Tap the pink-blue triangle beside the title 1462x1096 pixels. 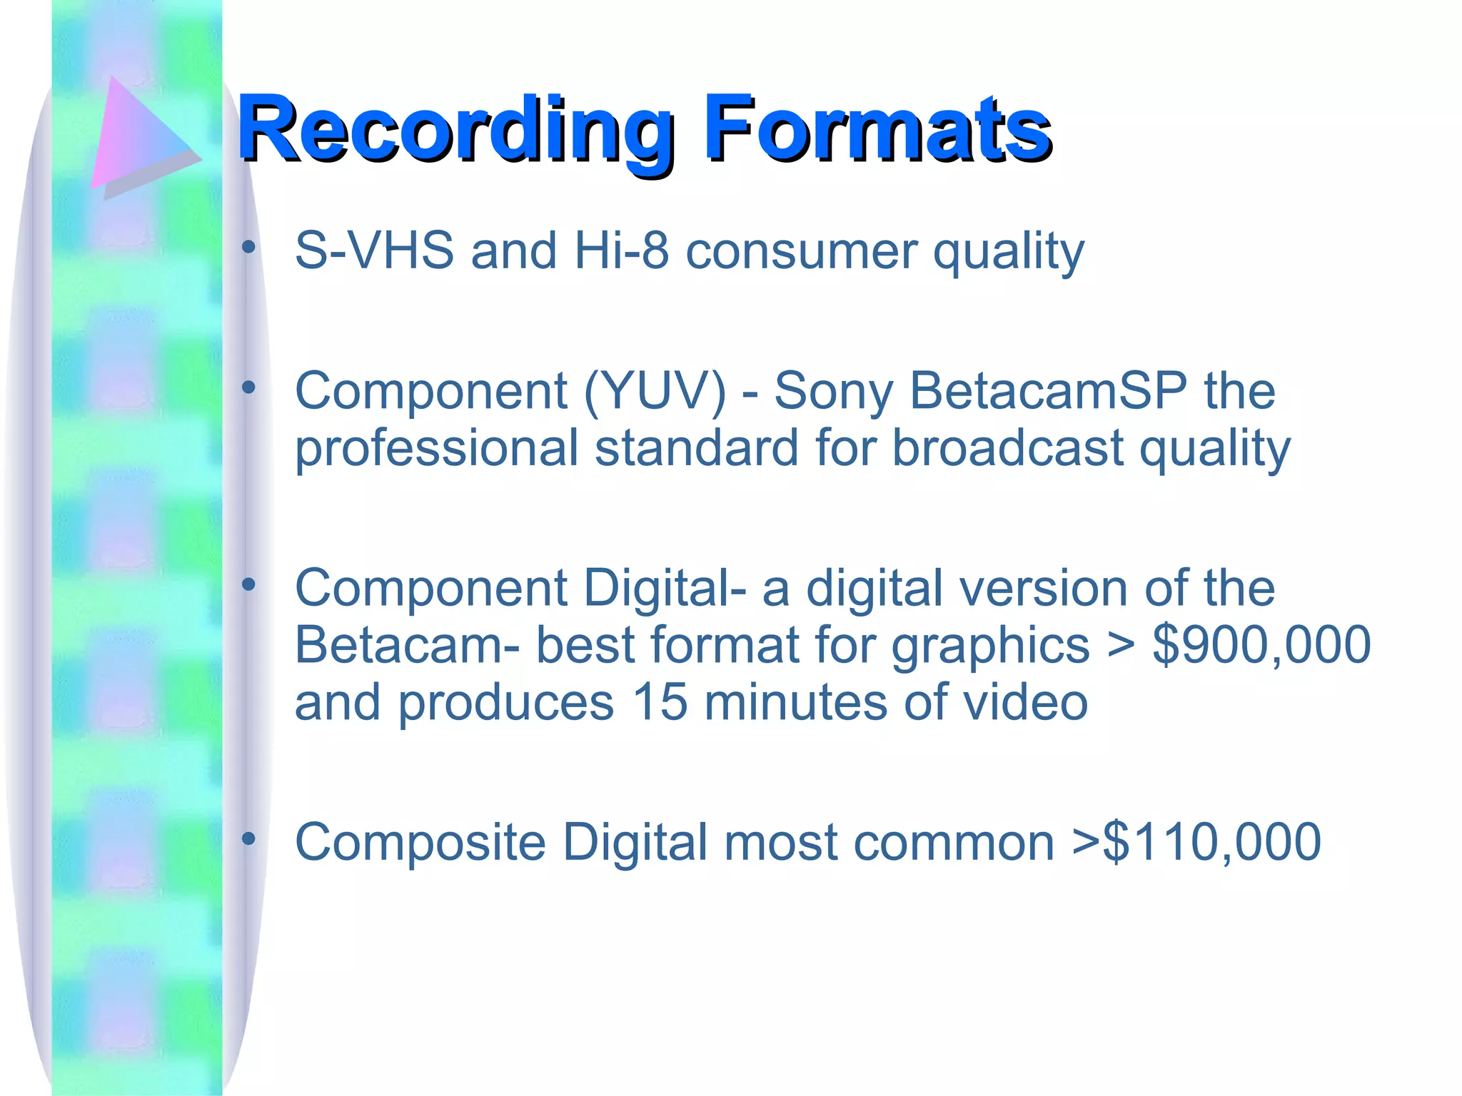(139, 136)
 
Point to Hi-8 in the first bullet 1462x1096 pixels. (621, 251)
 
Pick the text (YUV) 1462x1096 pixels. (655, 392)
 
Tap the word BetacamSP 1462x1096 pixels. (1049, 392)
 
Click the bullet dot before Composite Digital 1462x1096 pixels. (248, 839)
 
